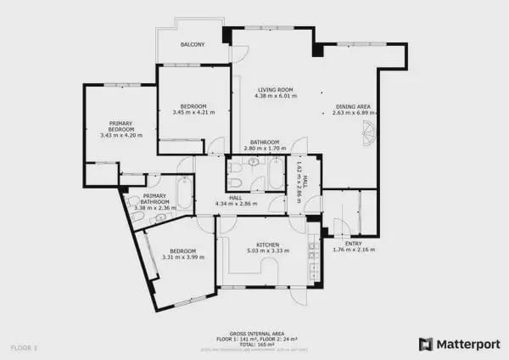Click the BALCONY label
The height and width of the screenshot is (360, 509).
coord(193,44)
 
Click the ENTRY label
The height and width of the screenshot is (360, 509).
coord(353,243)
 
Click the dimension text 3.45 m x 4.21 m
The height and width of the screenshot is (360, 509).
coord(193,112)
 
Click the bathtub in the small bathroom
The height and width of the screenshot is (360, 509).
coord(277,173)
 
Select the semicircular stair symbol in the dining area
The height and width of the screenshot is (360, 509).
coord(367,134)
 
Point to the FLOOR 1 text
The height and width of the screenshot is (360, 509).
coord(24,347)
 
